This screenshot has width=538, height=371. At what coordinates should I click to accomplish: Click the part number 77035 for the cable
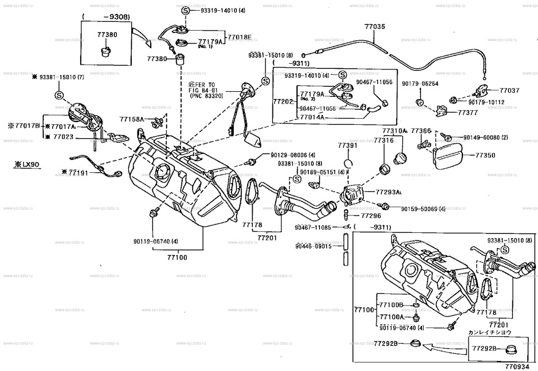tap(375, 26)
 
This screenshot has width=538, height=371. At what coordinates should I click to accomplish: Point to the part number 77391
tap(347, 145)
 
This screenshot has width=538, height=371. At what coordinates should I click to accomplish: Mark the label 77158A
tap(131, 119)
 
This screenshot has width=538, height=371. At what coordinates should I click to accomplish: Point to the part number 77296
tap(371, 215)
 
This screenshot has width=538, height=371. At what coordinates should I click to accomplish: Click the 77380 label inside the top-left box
tap(107, 35)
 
